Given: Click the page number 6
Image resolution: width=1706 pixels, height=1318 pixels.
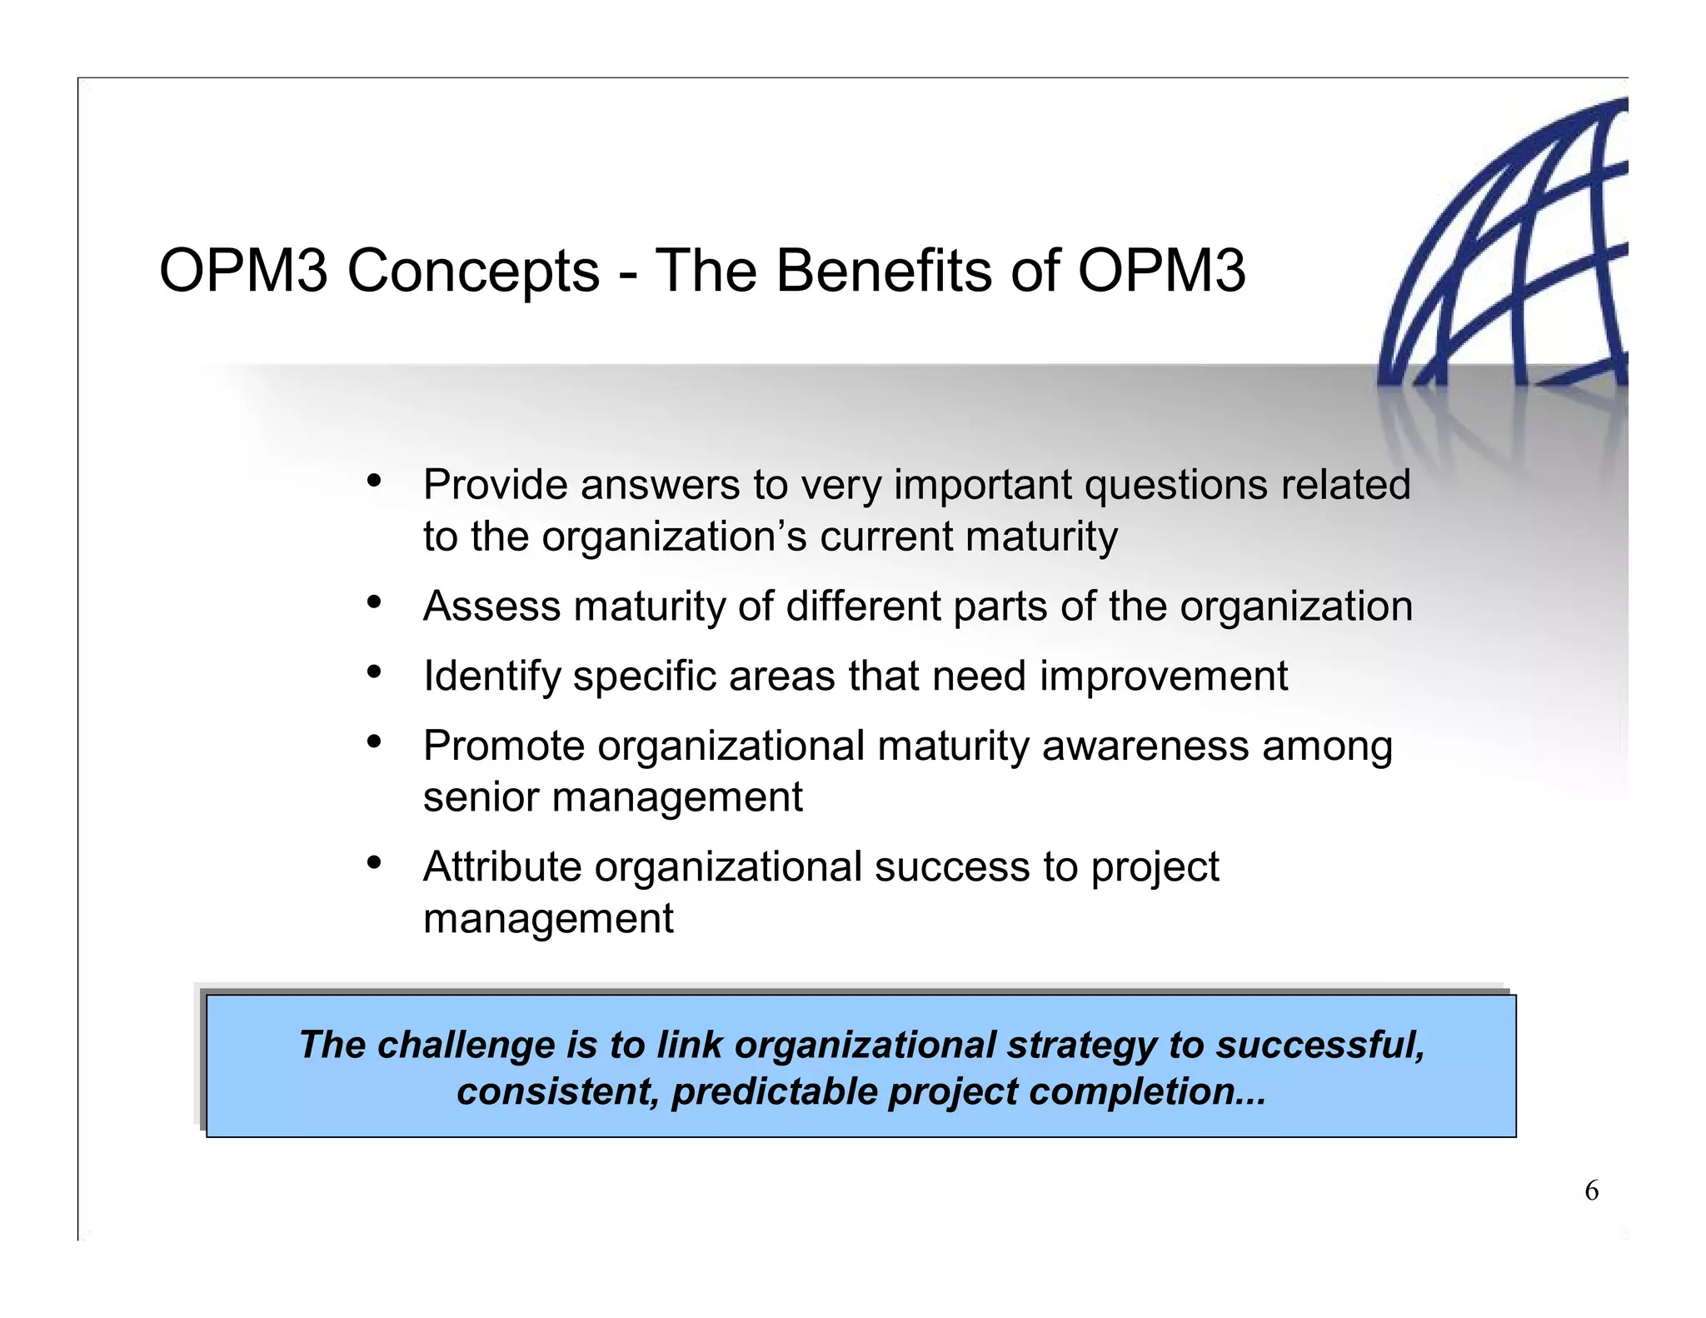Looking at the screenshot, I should coord(1591,1191).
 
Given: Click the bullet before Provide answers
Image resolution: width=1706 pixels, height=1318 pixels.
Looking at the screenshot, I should coord(374,482).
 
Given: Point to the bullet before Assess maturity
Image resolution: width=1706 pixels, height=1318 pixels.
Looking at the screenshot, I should coord(374,602).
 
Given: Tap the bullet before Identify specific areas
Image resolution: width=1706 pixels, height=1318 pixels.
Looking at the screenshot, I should coord(374,671).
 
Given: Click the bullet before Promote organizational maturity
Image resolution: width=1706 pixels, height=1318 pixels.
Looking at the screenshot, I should coord(374,741).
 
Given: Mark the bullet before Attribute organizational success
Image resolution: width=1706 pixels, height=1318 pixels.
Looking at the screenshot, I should coord(374,863).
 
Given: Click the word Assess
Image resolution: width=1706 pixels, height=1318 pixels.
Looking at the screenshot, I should coord(491,607).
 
